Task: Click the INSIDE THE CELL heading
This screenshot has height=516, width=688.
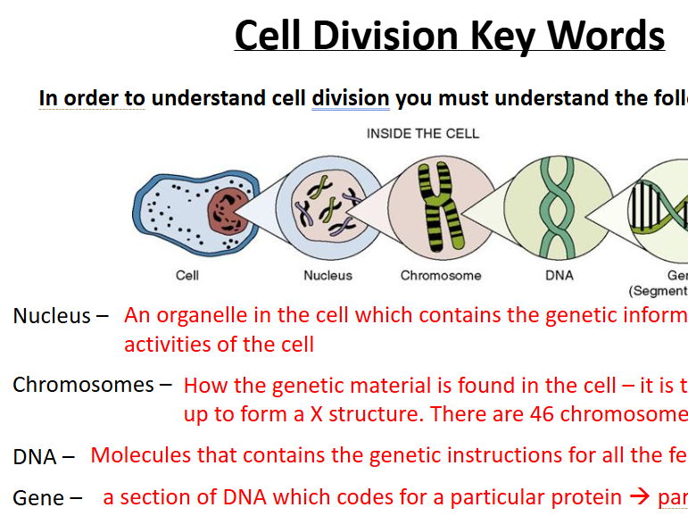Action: [423, 134]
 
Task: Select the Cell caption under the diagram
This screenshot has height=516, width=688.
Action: [187, 275]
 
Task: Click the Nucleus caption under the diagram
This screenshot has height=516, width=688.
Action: [327, 275]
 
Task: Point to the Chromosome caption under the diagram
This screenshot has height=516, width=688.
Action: [441, 275]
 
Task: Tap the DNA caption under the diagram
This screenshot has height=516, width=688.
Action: [560, 275]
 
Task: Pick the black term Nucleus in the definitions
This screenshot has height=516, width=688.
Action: [52, 316]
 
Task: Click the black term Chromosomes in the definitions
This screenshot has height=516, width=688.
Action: [83, 385]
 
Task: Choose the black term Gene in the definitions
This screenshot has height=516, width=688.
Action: [38, 498]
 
